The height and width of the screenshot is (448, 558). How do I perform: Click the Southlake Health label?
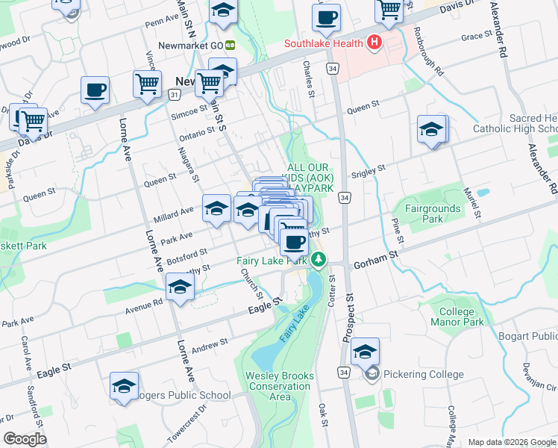tap(325, 43)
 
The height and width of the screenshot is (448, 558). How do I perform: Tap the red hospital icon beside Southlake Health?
tap(374, 43)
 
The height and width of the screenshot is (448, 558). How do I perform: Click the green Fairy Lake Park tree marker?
tap(319, 260)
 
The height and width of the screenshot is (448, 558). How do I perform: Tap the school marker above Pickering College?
tap(366, 352)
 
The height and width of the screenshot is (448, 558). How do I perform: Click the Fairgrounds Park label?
tap(433, 214)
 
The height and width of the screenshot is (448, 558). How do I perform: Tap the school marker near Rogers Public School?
tap(125, 386)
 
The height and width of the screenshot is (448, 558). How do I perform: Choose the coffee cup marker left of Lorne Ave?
tap(95, 90)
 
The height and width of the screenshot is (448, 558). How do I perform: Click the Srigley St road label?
tap(368, 171)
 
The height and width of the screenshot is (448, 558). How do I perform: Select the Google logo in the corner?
tap(25, 439)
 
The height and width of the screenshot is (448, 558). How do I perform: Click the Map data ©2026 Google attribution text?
tap(511, 442)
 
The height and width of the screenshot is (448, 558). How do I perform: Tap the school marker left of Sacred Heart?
tap(431, 130)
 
